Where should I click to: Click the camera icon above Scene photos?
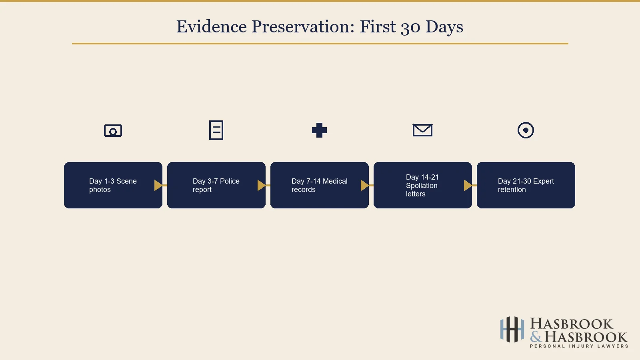point(113,130)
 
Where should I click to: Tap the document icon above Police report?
point(216,130)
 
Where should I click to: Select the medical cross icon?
point(319,130)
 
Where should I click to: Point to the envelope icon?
point(422,130)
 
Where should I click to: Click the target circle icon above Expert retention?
point(526,130)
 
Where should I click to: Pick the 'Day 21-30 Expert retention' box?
point(526,185)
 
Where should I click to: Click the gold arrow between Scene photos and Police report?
point(159,185)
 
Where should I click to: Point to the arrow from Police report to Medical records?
point(262,185)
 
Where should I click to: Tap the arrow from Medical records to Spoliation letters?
point(365,185)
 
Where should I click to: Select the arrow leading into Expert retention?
point(468,185)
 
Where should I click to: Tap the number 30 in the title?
point(410,27)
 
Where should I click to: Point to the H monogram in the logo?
point(512,330)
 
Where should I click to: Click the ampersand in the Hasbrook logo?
point(536,337)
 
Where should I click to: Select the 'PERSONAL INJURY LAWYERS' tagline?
point(579,346)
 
